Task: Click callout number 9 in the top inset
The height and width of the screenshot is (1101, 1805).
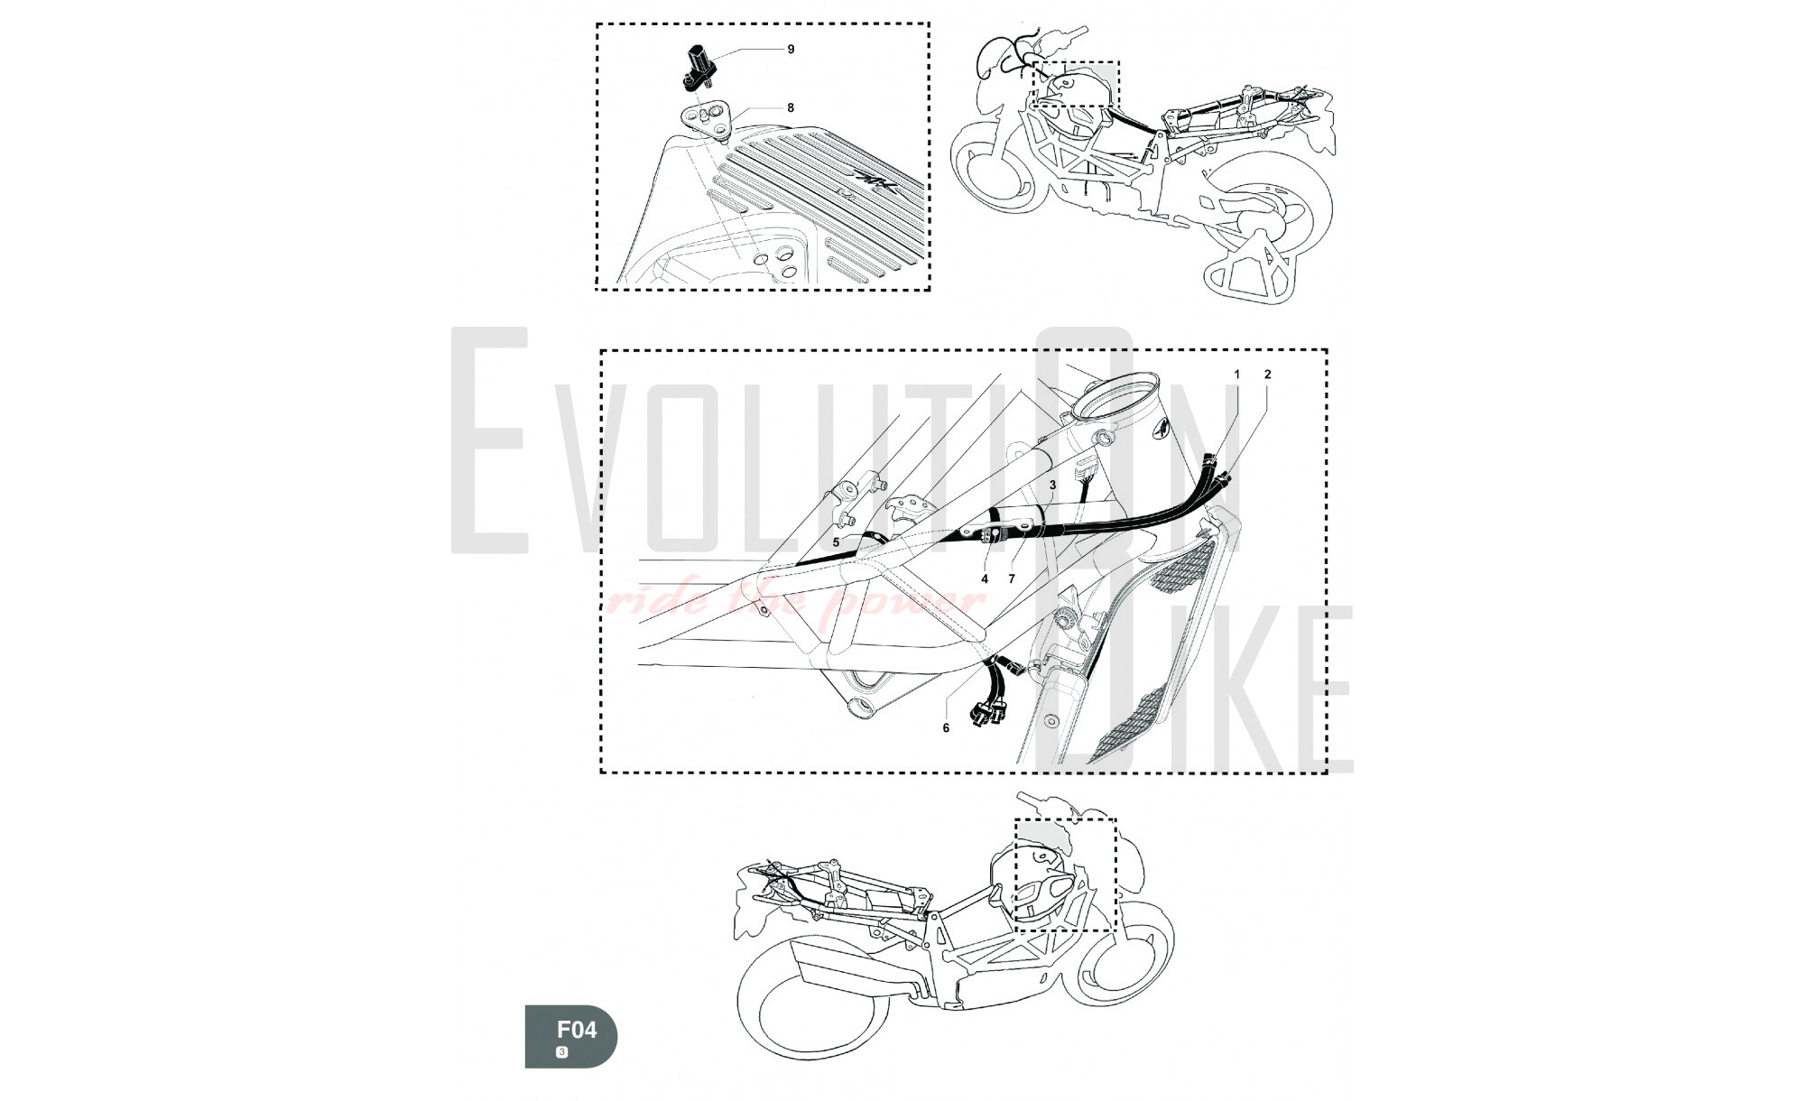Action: click(x=791, y=49)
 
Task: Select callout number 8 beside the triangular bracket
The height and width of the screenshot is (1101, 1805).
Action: click(x=791, y=107)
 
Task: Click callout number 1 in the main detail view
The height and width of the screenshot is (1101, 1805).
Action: click(x=1237, y=374)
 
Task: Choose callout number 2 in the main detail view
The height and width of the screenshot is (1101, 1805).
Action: click(x=1267, y=374)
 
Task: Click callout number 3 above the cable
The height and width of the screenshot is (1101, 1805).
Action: click(x=1052, y=485)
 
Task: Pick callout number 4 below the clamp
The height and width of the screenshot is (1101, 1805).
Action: click(x=985, y=578)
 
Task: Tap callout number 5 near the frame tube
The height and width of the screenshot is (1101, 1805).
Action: click(x=837, y=542)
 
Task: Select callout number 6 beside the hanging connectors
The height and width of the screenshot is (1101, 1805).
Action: click(x=946, y=727)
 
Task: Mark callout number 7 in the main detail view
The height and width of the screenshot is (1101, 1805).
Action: click(x=1012, y=578)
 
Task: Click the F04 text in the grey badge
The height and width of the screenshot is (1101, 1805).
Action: click(x=577, y=1030)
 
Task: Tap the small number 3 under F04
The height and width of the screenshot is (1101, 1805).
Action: click(x=562, y=1052)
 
